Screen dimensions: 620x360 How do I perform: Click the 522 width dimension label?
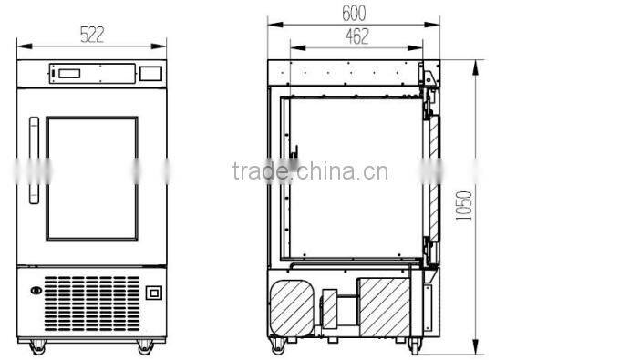tap(92, 35)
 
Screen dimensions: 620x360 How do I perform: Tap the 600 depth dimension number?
tap(354, 14)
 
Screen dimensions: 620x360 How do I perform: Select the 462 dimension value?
tap(357, 36)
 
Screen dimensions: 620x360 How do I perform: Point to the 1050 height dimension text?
tap(464, 206)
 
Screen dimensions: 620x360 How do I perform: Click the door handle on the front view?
tap(35, 160)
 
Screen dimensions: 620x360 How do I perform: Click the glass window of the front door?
tap(92, 179)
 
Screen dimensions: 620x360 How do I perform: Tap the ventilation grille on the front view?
tap(92, 303)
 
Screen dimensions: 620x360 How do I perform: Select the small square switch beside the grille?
tap(154, 293)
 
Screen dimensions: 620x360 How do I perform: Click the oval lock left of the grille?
tap(36, 291)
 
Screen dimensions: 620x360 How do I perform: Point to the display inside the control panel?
tap(69, 74)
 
